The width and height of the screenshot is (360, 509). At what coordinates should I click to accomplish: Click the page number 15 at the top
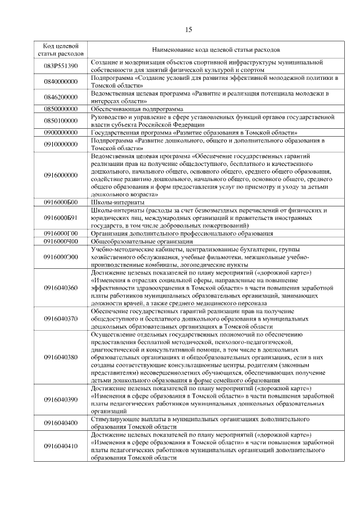point(188,30)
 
